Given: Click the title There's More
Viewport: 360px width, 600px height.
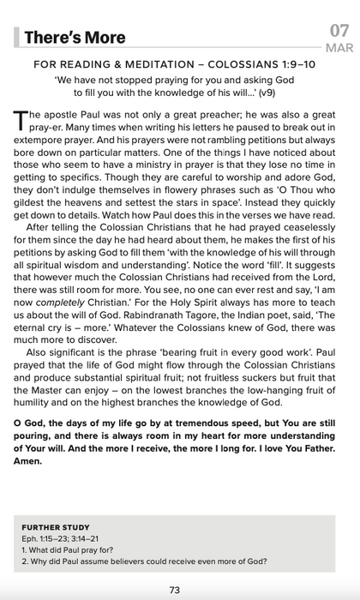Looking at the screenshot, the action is click(x=75, y=37).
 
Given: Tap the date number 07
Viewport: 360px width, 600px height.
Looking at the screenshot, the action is click(x=339, y=31).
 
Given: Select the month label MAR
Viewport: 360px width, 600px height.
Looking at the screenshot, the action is click(x=339, y=49).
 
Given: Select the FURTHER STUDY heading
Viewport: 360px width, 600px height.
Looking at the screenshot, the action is click(x=56, y=527).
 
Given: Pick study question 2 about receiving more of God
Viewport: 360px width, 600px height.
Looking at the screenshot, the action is click(x=143, y=562).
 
